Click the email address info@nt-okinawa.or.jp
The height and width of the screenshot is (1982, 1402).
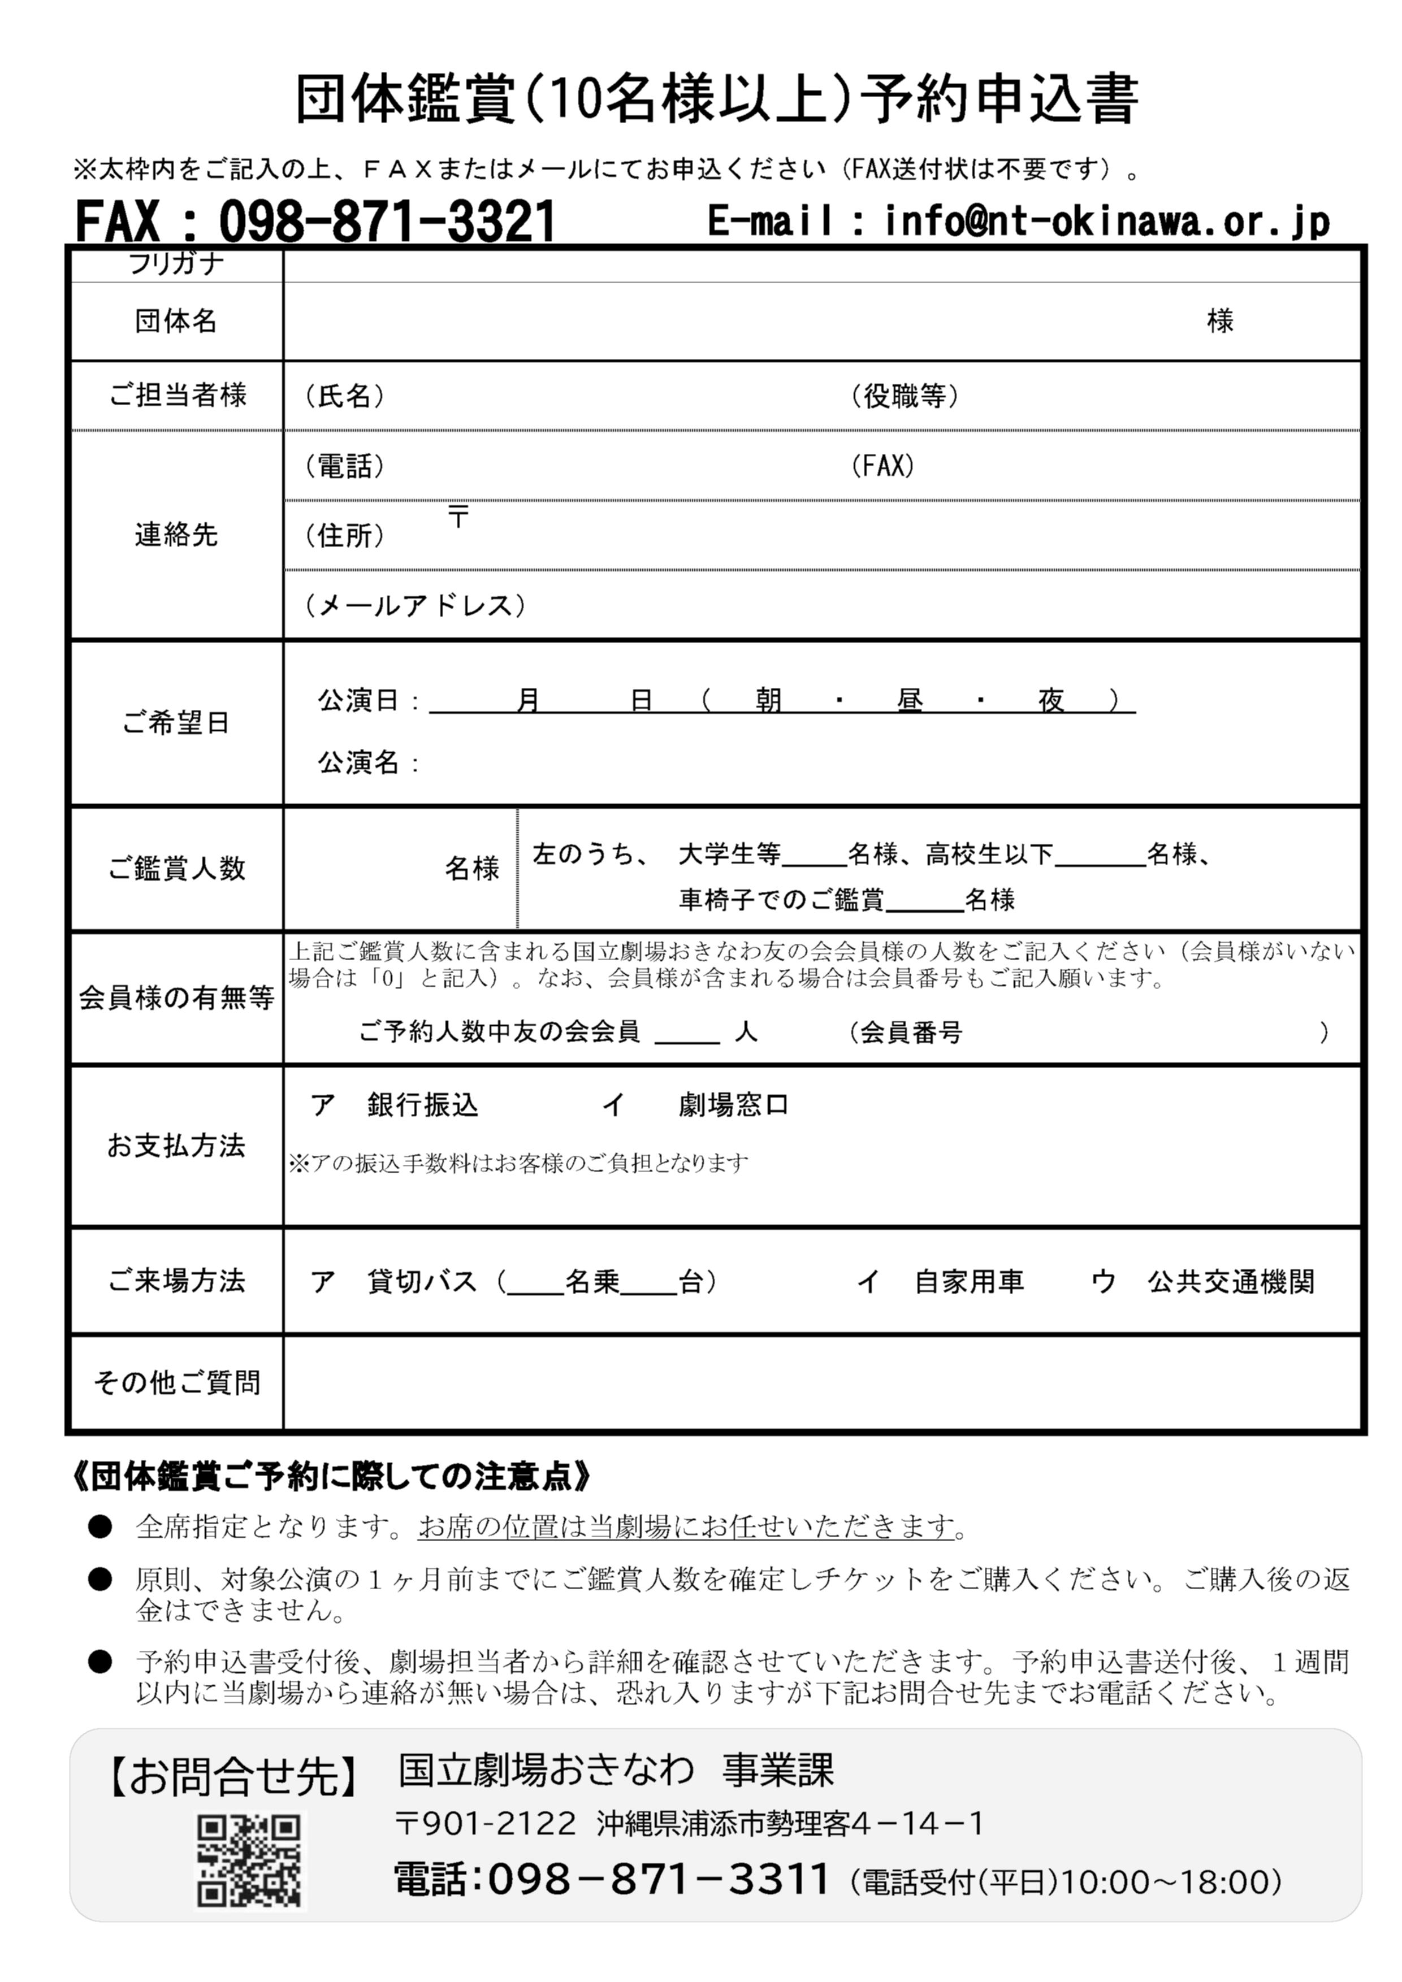tap(1107, 222)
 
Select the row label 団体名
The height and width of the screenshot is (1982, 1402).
tap(176, 321)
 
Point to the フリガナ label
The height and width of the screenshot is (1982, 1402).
tap(176, 263)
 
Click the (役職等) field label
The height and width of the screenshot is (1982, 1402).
tap(904, 396)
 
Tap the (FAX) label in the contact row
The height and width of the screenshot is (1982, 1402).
tap(882, 466)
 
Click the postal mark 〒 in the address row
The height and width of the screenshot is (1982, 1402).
tap(458, 518)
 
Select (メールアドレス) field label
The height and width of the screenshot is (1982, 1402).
tap(416, 605)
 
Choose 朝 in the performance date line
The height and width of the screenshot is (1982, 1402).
tap(768, 700)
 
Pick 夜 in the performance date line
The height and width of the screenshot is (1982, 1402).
tap(1050, 700)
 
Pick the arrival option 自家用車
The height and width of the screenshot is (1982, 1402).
tap(970, 1282)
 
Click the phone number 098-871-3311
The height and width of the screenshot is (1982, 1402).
tap(659, 1879)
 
